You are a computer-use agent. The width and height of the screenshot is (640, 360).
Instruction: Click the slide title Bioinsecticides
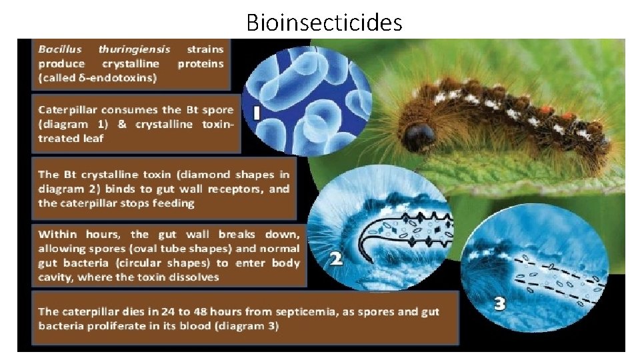324,22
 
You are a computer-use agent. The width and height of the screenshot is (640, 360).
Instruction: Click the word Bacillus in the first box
61,49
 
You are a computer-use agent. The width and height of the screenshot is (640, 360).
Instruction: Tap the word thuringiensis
134,49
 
